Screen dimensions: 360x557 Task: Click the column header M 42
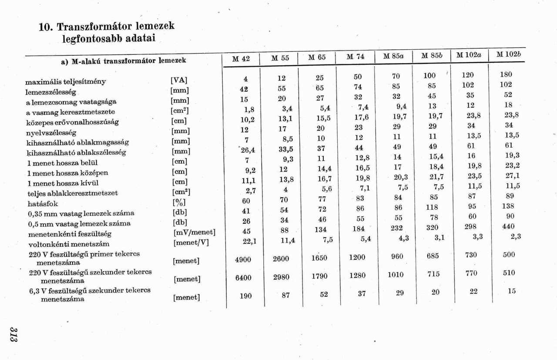click(241, 58)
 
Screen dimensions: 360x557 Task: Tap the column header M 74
click(356, 57)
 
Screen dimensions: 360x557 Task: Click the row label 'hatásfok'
click(43, 203)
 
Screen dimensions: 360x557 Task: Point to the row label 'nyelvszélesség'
click(51, 132)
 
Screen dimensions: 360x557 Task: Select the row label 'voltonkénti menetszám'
click(69, 244)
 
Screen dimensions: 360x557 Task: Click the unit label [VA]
click(179, 80)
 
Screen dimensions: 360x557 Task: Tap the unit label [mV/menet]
click(194, 233)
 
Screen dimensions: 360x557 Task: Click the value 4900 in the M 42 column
click(243, 259)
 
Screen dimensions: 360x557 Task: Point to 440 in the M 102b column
click(508, 226)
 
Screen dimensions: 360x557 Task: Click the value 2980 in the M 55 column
click(281, 277)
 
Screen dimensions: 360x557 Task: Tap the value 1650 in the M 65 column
click(319, 258)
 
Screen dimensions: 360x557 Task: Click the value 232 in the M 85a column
click(396, 228)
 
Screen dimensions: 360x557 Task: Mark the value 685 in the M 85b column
click(433, 256)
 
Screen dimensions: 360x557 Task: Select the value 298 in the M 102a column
click(470, 226)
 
